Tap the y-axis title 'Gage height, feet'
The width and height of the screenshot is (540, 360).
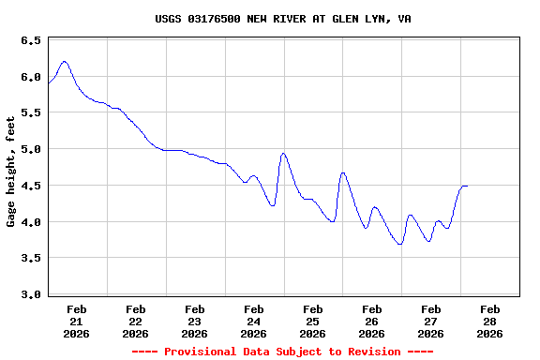coord(11,172)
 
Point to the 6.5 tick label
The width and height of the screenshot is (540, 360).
coord(30,41)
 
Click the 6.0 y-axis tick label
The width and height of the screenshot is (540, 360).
coord(30,77)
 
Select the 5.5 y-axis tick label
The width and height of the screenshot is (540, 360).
coord(30,112)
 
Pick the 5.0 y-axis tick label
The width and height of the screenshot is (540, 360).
coord(30,149)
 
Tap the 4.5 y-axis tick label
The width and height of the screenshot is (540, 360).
coord(30,186)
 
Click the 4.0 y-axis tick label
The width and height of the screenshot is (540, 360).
coord(30,222)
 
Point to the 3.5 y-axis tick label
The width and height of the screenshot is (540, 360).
coord(30,258)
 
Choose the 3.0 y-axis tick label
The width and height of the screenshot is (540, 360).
coord(30,294)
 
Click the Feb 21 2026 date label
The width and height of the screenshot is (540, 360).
coord(77,321)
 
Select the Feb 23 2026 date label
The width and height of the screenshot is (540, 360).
coord(195,321)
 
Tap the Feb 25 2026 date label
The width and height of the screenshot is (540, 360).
coord(313,321)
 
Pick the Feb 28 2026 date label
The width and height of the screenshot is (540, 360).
coord(489,321)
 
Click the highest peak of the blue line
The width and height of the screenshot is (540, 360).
coord(64,62)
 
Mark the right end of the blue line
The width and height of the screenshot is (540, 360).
coord(467,186)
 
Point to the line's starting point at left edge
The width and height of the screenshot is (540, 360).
coord(49,84)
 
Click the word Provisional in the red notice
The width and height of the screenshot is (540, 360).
coord(202,352)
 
